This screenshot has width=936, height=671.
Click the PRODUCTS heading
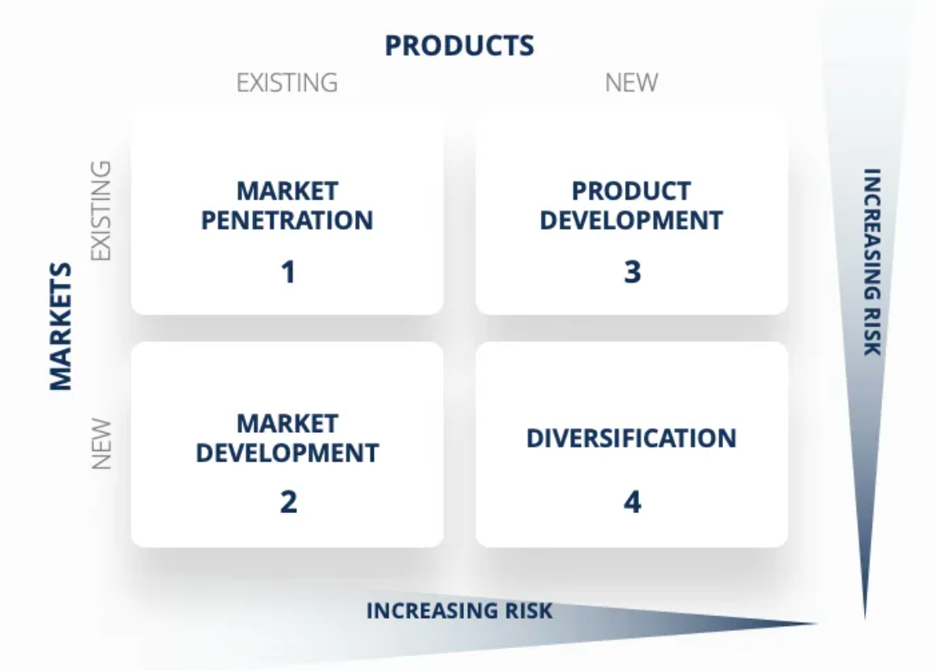click(459, 46)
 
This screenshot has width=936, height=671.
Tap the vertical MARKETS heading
click(61, 326)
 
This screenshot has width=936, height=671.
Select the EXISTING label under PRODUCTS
click(286, 83)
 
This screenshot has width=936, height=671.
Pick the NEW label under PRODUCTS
click(631, 83)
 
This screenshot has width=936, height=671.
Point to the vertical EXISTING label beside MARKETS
click(100, 210)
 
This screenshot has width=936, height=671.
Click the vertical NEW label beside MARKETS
click(100, 444)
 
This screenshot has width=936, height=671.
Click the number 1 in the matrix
click(287, 272)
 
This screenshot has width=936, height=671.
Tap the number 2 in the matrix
click(288, 502)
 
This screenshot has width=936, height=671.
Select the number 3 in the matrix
click(632, 272)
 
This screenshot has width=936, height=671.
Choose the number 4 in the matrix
click(632, 502)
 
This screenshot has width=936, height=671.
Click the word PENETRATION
click(287, 220)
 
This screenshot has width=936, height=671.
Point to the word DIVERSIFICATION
click(631, 439)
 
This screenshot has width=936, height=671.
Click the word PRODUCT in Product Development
click(631, 191)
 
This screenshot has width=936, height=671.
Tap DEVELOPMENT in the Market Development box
click(287, 453)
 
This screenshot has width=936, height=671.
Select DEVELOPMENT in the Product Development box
click(631, 220)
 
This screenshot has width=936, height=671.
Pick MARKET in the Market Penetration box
click(287, 191)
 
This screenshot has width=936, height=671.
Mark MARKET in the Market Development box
click(287, 423)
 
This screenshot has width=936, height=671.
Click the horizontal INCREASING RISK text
click(459, 610)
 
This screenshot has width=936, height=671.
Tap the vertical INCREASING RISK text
click(872, 262)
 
